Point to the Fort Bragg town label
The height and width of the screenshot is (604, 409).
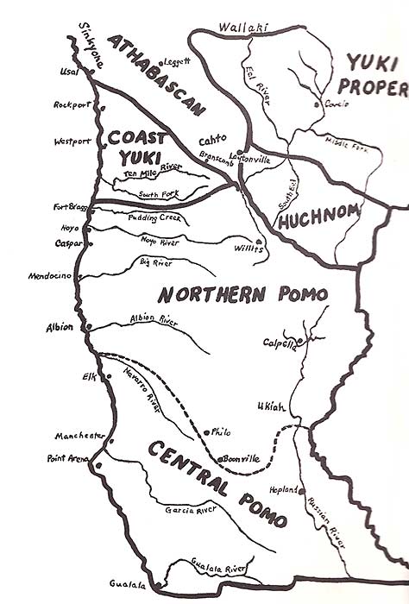tap(69, 206)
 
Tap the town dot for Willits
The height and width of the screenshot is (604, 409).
tap(259, 242)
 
